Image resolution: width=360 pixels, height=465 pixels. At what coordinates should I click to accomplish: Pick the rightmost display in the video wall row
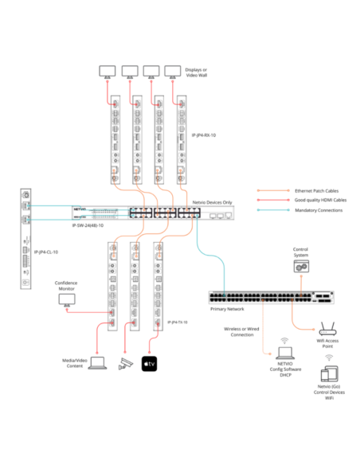coord(172,71)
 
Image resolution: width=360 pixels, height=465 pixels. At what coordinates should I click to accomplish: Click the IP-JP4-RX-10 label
coord(204,136)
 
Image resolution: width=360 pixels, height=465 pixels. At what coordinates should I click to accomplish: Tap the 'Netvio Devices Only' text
coord(212,203)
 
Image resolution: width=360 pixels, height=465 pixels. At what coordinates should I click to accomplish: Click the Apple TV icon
coord(150,363)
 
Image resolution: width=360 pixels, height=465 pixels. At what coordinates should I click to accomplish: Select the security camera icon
coord(123,363)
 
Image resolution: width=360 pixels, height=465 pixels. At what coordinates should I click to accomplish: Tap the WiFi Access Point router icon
coord(326,328)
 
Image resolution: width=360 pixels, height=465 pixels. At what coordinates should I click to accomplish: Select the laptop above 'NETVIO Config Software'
coord(285,351)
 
